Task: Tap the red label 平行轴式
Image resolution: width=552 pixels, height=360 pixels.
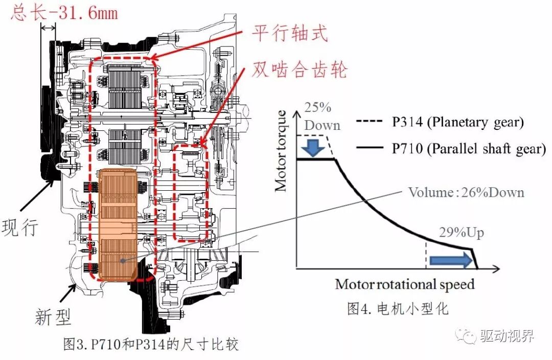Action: coord(289,34)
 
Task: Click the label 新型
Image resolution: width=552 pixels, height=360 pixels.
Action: coord(53,317)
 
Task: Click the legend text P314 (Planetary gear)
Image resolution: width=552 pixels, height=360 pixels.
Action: coord(457,123)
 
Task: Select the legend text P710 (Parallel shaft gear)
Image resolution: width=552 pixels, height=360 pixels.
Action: coord(469,148)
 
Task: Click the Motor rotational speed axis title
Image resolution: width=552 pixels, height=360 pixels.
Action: coord(405,284)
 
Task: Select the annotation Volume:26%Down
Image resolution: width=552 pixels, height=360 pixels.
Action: coord(466,192)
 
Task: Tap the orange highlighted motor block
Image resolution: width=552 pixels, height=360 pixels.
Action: coord(119,225)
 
